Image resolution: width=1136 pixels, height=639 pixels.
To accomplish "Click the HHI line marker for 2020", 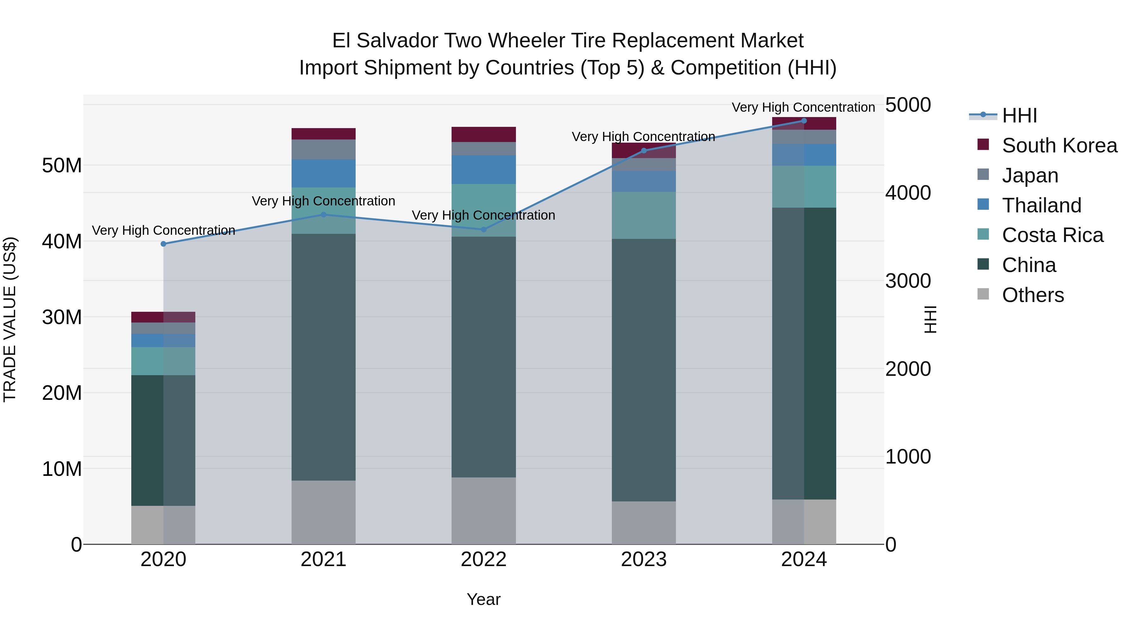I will pos(163,244).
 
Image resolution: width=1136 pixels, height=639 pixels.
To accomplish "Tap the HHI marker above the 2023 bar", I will pos(643,151).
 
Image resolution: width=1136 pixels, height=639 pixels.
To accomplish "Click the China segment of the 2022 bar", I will pos(483,357).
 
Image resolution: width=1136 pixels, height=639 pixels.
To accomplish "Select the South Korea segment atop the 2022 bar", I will pos(483,134).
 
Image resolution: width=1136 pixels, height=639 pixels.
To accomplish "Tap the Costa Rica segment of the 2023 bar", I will pos(643,215).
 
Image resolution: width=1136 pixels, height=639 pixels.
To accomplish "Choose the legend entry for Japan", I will pos(1030,175).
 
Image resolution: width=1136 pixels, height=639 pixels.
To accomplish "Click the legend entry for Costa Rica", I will pos(1052,235).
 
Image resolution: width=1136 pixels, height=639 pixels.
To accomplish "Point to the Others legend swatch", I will pos(983,294).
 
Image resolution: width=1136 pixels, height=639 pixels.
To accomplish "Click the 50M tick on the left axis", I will pos(62,166).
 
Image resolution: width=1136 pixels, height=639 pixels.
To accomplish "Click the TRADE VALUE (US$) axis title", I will pos(10,319).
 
